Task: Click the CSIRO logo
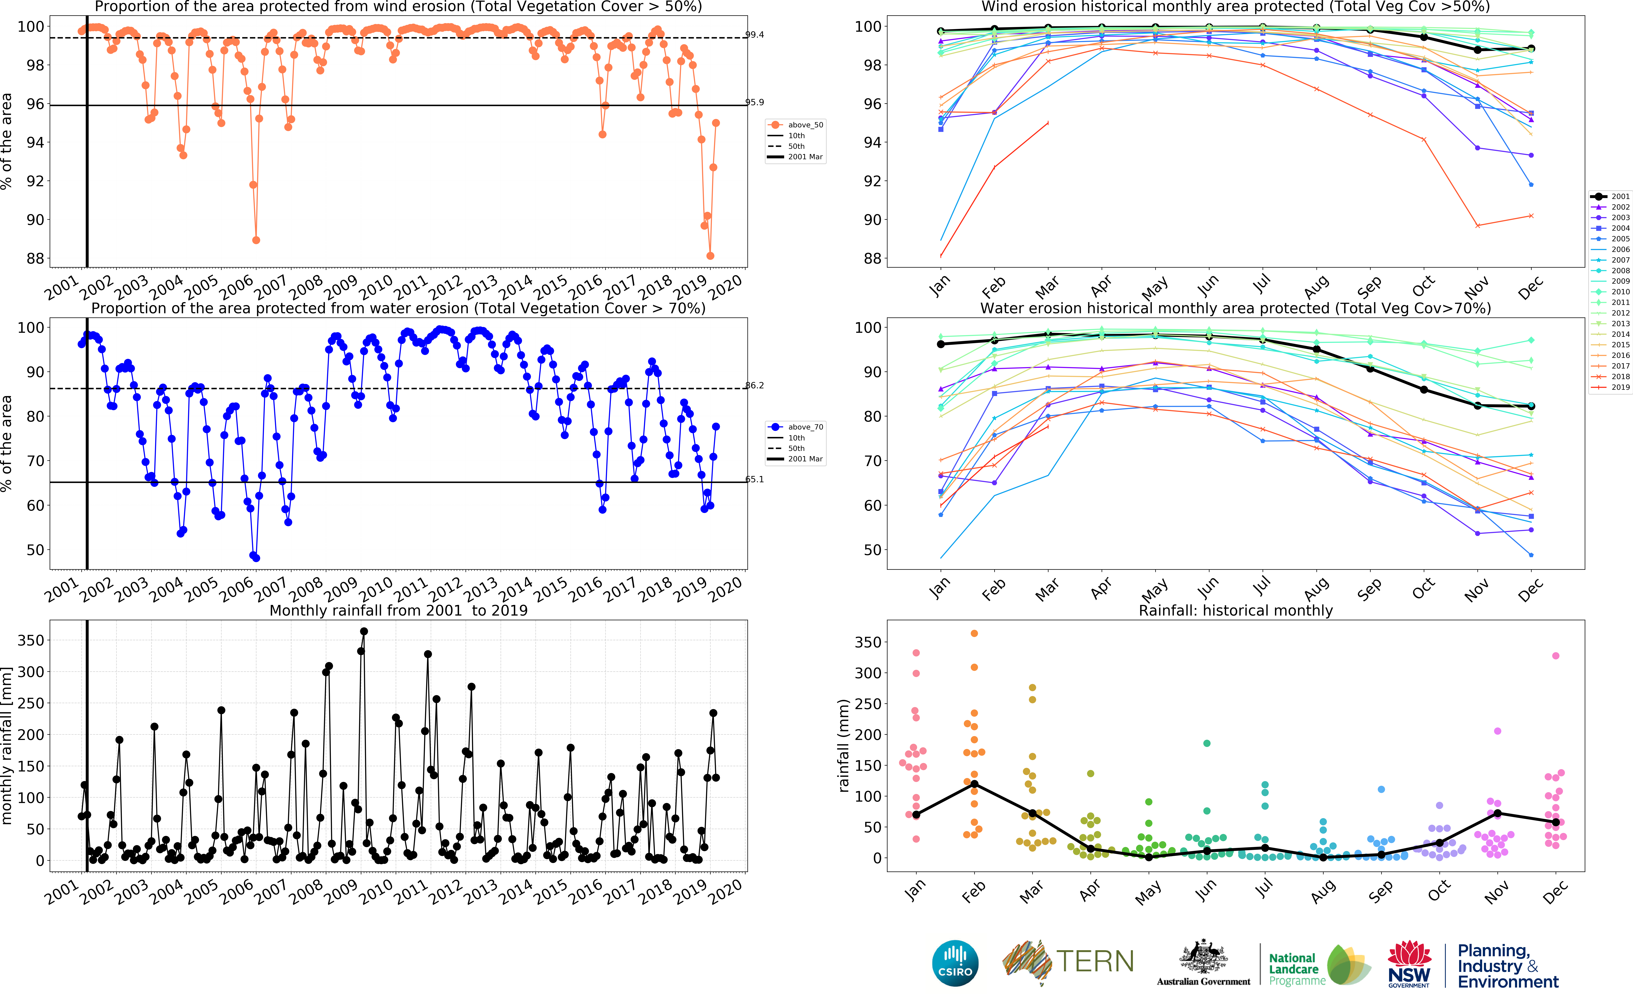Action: pos(955,963)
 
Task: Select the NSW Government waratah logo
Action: pos(1409,963)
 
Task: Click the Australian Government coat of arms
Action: pos(1203,958)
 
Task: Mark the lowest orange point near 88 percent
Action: pos(710,255)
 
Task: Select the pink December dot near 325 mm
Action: pos(1555,656)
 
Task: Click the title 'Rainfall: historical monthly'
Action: pos(1235,610)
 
